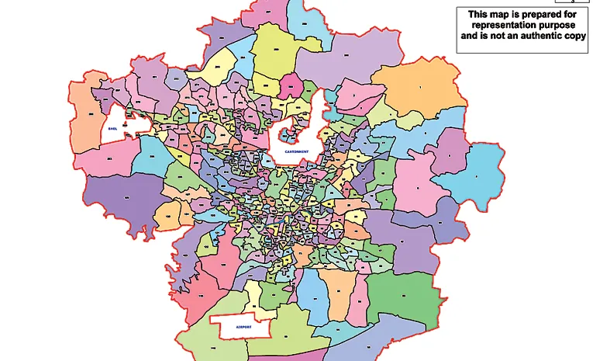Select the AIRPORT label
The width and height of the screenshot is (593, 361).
tap(237, 328)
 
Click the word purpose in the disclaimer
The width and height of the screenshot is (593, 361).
tap(562, 25)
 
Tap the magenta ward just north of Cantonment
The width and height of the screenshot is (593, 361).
tap(292, 85)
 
